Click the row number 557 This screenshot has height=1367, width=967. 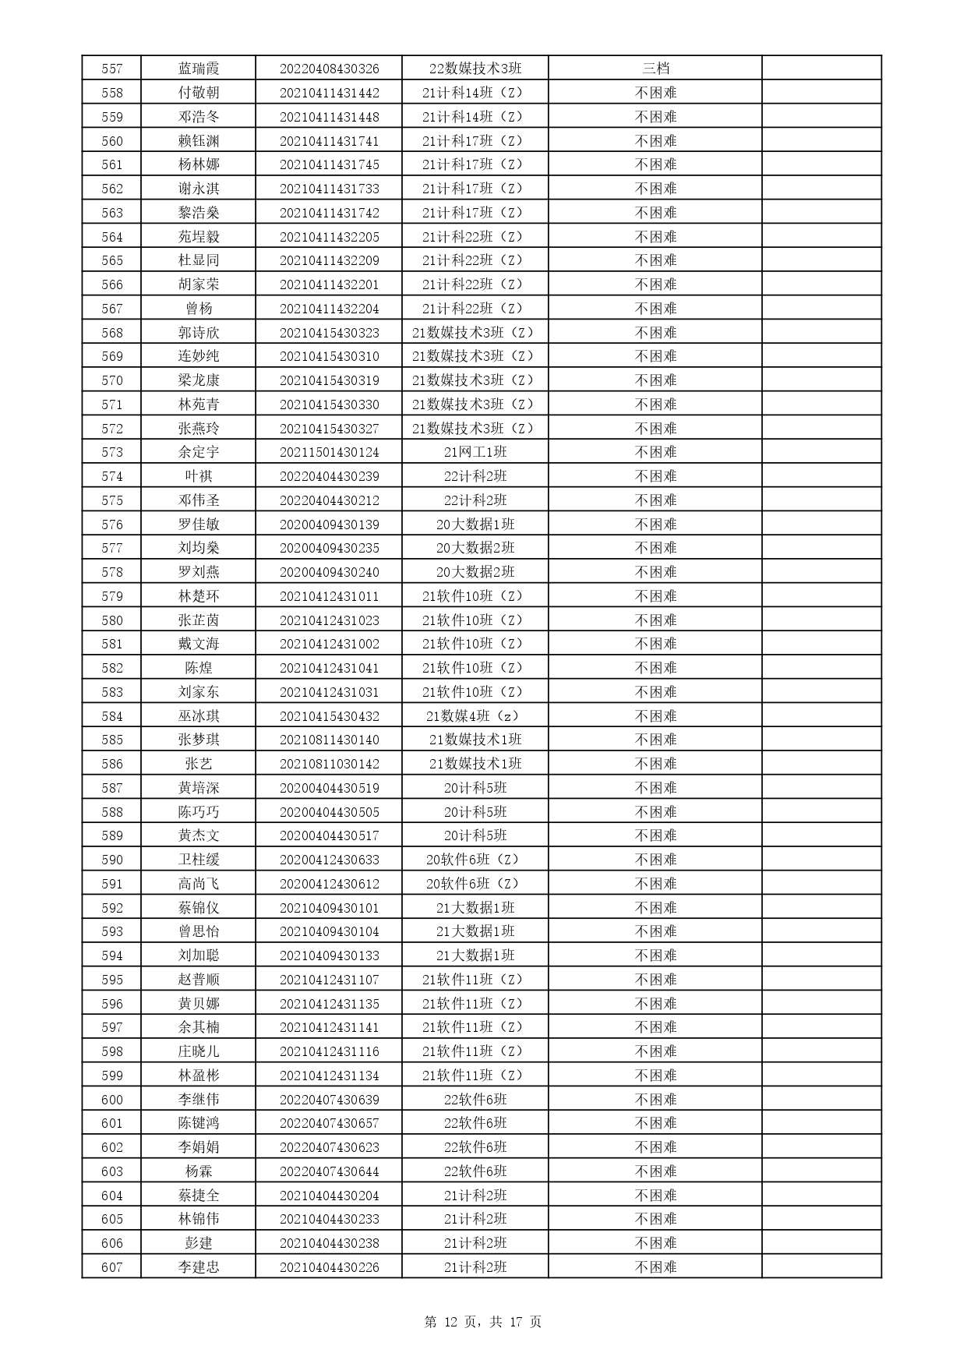pos(111,69)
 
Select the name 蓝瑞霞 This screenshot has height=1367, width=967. pos(199,69)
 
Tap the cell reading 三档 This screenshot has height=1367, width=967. pos(655,69)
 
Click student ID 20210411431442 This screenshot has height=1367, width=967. pos(329,93)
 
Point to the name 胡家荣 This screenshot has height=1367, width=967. pos(199,284)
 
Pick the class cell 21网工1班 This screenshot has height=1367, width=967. pos(475,452)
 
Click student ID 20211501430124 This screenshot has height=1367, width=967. pos(329,452)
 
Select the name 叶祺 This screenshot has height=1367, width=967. pos(199,476)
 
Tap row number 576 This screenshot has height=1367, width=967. pos(111,525)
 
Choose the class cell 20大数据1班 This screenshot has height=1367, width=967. pos(475,525)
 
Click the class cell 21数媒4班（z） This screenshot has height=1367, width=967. pos(475,716)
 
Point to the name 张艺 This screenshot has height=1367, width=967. pos(199,764)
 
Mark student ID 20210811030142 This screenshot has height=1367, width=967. pos(329,764)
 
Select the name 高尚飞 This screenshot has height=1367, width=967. pos(199,884)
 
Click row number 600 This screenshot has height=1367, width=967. pos(111,1100)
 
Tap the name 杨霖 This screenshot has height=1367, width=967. pos(199,1171)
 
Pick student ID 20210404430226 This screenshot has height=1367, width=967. pos(329,1267)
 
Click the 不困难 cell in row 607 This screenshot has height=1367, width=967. pos(655,1267)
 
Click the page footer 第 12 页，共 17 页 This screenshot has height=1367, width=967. pos(483,1322)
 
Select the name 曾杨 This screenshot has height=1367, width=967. pos(199,309)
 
